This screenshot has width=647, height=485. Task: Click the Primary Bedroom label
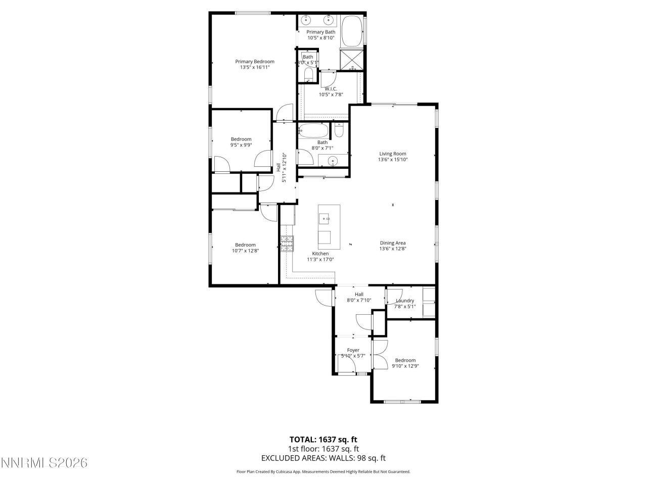tap(255, 62)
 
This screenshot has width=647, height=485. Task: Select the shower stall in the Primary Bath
tap(351, 59)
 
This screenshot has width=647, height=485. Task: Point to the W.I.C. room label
tap(331, 89)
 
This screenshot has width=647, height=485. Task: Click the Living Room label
tap(393, 154)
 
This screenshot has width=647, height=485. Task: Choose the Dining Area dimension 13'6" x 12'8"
tap(393, 249)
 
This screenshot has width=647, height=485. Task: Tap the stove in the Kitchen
tap(287, 244)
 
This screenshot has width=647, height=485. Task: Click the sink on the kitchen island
tap(324, 218)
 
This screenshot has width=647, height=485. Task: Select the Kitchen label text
tap(320, 254)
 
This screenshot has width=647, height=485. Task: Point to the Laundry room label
tap(405, 301)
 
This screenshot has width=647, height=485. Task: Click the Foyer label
tap(353, 350)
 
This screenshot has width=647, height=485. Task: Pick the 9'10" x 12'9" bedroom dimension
tap(405, 366)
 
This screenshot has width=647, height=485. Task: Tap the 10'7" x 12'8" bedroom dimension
tap(245, 251)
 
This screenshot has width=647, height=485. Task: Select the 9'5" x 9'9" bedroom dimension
tap(241, 145)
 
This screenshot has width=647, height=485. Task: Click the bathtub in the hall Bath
tap(313, 130)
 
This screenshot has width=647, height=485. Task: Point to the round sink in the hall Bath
tap(333, 161)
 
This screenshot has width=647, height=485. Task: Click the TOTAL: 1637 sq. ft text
tap(323, 440)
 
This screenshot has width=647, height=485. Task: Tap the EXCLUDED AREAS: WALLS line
tap(323, 458)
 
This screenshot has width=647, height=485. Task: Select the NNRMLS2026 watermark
tap(44, 463)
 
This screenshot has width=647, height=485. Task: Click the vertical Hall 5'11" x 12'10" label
tap(281, 167)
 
